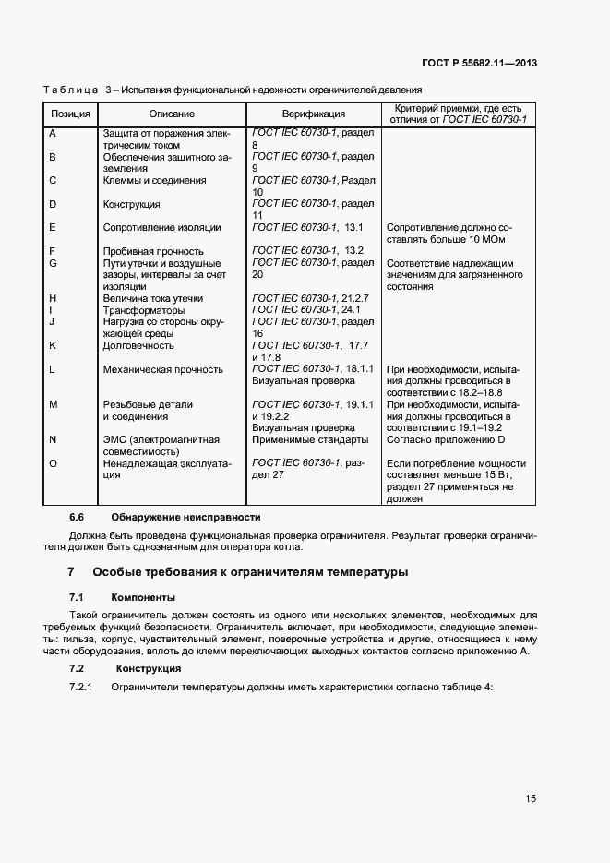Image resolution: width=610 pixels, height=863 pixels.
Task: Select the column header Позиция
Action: pyautogui.click(x=70, y=114)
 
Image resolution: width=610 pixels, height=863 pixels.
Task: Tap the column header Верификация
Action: pyautogui.click(x=314, y=114)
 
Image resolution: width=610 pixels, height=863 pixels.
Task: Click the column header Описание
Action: pyautogui.click(x=172, y=114)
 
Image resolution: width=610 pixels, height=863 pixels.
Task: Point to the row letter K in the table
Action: pyautogui.click(x=53, y=345)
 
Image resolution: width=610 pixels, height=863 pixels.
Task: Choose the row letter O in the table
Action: pyautogui.click(x=54, y=463)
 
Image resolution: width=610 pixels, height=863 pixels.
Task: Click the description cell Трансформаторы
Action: pyautogui.click(x=144, y=310)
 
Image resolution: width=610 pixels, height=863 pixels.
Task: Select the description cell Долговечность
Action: pyautogui.click(x=138, y=345)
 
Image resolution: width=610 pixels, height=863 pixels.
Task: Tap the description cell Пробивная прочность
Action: pyautogui.click(x=153, y=251)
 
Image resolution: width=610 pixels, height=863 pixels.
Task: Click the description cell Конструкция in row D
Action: pyautogui.click(x=132, y=204)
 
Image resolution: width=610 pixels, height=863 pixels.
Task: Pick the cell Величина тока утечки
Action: pyautogui.click(x=152, y=298)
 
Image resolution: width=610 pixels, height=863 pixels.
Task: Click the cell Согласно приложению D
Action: pyautogui.click(x=448, y=440)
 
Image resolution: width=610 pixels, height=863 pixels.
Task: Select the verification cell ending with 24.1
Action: pyautogui.click(x=310, y=310)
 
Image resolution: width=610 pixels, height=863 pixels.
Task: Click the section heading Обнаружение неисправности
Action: pyautogui.click(x=185, y=517)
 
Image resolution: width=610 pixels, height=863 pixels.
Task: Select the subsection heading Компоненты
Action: pyautogui.click(x=143, y=596)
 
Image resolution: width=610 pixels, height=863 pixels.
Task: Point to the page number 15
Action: pyautogui.click(x=531, y=798)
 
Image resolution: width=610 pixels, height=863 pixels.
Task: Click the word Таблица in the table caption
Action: pyautogui.click(x=70, y=90)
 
